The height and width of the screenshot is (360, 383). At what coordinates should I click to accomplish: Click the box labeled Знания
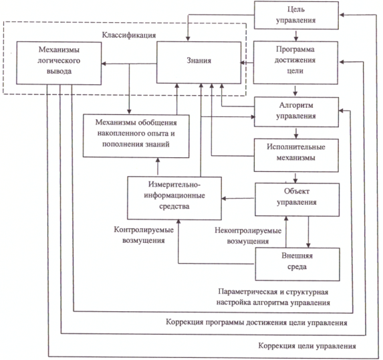click(199, 62)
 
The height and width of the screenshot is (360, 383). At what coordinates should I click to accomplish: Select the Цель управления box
click(296, 15)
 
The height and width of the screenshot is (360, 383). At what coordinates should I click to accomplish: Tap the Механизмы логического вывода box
click(59, 63)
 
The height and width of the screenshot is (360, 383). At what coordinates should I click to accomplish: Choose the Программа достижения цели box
click(295, 63)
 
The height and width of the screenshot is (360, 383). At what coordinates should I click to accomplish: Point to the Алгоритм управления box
click(296, 112)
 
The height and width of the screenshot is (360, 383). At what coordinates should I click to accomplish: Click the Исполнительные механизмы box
click(296, 155)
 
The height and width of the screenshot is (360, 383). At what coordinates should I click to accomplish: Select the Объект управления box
click(297, 199)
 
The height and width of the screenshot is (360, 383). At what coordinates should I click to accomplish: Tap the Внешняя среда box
click(297, 264)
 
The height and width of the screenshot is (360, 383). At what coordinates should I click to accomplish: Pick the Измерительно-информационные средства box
click(174, 198)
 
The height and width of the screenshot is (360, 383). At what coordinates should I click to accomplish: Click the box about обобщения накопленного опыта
click(136, 136)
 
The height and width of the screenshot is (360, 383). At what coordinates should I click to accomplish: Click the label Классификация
click(129, 35)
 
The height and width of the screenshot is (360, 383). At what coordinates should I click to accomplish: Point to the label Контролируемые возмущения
click(144, 235)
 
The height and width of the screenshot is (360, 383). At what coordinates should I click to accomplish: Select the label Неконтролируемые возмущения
click(248, 236)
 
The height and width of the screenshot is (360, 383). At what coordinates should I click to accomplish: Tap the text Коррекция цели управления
click(307, 346)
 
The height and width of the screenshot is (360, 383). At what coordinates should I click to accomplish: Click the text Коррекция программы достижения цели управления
click(257, 323)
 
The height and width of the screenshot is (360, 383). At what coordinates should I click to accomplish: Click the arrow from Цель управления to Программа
click(296, 35)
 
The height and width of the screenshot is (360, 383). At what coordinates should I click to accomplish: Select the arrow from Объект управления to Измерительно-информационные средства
click(238, 198)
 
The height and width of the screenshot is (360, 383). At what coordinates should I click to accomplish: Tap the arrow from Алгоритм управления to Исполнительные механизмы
click(296, 133)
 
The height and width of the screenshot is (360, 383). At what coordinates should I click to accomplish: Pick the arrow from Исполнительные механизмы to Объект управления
click(295, 178)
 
